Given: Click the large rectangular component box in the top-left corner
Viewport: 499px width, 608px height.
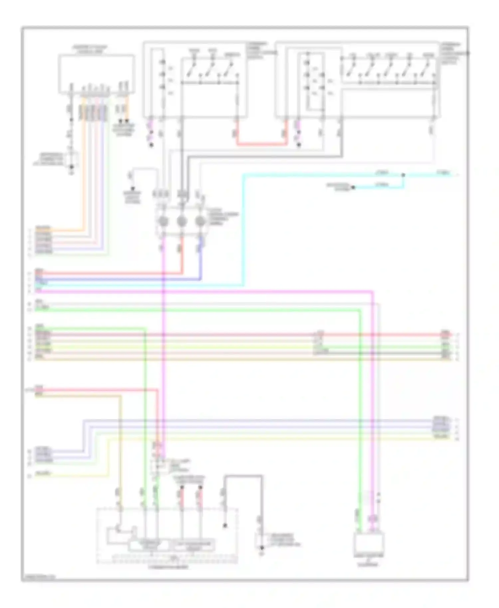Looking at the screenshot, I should point(96,74).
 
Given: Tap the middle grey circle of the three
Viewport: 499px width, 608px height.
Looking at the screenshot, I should point(182,221).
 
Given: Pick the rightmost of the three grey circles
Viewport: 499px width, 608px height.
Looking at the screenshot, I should point(200,221).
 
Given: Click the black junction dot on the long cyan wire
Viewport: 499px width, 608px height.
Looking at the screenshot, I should point(403,175).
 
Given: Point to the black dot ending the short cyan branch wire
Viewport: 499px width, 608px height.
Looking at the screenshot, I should point(353,188).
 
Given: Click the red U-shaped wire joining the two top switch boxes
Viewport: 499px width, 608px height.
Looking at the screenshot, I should point(262,144).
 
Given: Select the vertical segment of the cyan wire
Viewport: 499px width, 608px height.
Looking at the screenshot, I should point(244,229).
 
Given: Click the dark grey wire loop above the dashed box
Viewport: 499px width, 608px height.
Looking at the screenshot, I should point(243,476).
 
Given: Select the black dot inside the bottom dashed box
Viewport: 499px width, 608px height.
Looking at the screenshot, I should point(225,526).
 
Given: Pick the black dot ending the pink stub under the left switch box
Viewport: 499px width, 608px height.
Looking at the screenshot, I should point(151,145).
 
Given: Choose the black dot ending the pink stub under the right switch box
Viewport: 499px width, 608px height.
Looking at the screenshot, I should point(299,145).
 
